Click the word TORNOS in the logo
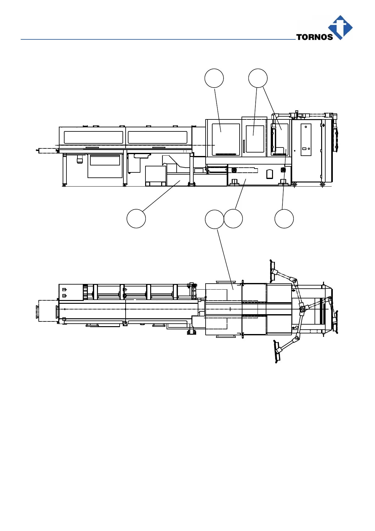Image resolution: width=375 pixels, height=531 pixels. [x=314, y=37]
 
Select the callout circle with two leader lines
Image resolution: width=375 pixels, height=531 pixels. [x=258, y=78]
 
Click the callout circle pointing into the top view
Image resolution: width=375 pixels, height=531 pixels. [x=214, y=219]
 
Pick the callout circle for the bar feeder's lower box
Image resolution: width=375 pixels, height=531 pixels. [x=136, y=218]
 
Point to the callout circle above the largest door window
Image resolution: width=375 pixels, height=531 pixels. [x=214, y=78]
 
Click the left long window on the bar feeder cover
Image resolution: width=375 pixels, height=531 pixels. [x=94, y=137]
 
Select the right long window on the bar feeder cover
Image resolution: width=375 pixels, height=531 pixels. [x=157, y=137]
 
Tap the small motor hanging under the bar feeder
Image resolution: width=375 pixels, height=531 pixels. [x=80, y=159]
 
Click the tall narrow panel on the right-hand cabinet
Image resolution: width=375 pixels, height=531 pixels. [x=306, y=140]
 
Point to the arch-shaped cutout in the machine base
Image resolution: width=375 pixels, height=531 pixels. [x=270, y=174]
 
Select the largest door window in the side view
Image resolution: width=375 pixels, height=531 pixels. [x=226, y=139]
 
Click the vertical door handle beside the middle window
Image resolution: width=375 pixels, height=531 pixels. [x=244, y=147]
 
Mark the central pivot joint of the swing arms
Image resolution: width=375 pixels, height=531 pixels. [x=302, y=309]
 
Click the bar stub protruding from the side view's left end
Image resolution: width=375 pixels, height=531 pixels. [x=47, y=151]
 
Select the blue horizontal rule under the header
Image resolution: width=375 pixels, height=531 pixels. [x=157, y=39]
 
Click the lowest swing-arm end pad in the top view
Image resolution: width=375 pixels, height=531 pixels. [x=277, y=352]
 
